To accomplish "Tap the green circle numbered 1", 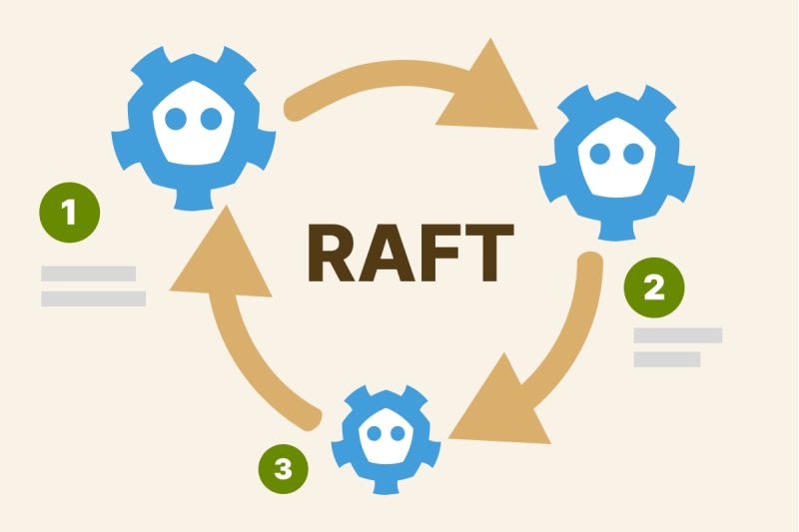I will pyautogui.click(x=70, y=212).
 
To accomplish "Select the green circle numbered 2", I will pyautogui.click(x=654, y=288).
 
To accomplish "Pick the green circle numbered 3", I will pyautogui.click(x=283, y=467).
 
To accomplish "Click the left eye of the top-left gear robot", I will pyautogui.click(x=176, y=119).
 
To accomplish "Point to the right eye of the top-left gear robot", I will pyautogui.click(x=211, y=119).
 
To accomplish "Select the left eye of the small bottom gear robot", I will pyautogui.click(x=375, y=434).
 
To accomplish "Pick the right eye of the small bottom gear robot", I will pyautogui.click(x=400, y=434).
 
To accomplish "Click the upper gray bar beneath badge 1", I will pyautogui.click(x=88, y=273).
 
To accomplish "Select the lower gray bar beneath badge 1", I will pyautogui.click(x=93, y=298).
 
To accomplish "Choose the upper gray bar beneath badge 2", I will pyautogui.click(x=677, y=335).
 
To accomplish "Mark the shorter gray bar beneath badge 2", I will pyautogui.click(x=667, y=359).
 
